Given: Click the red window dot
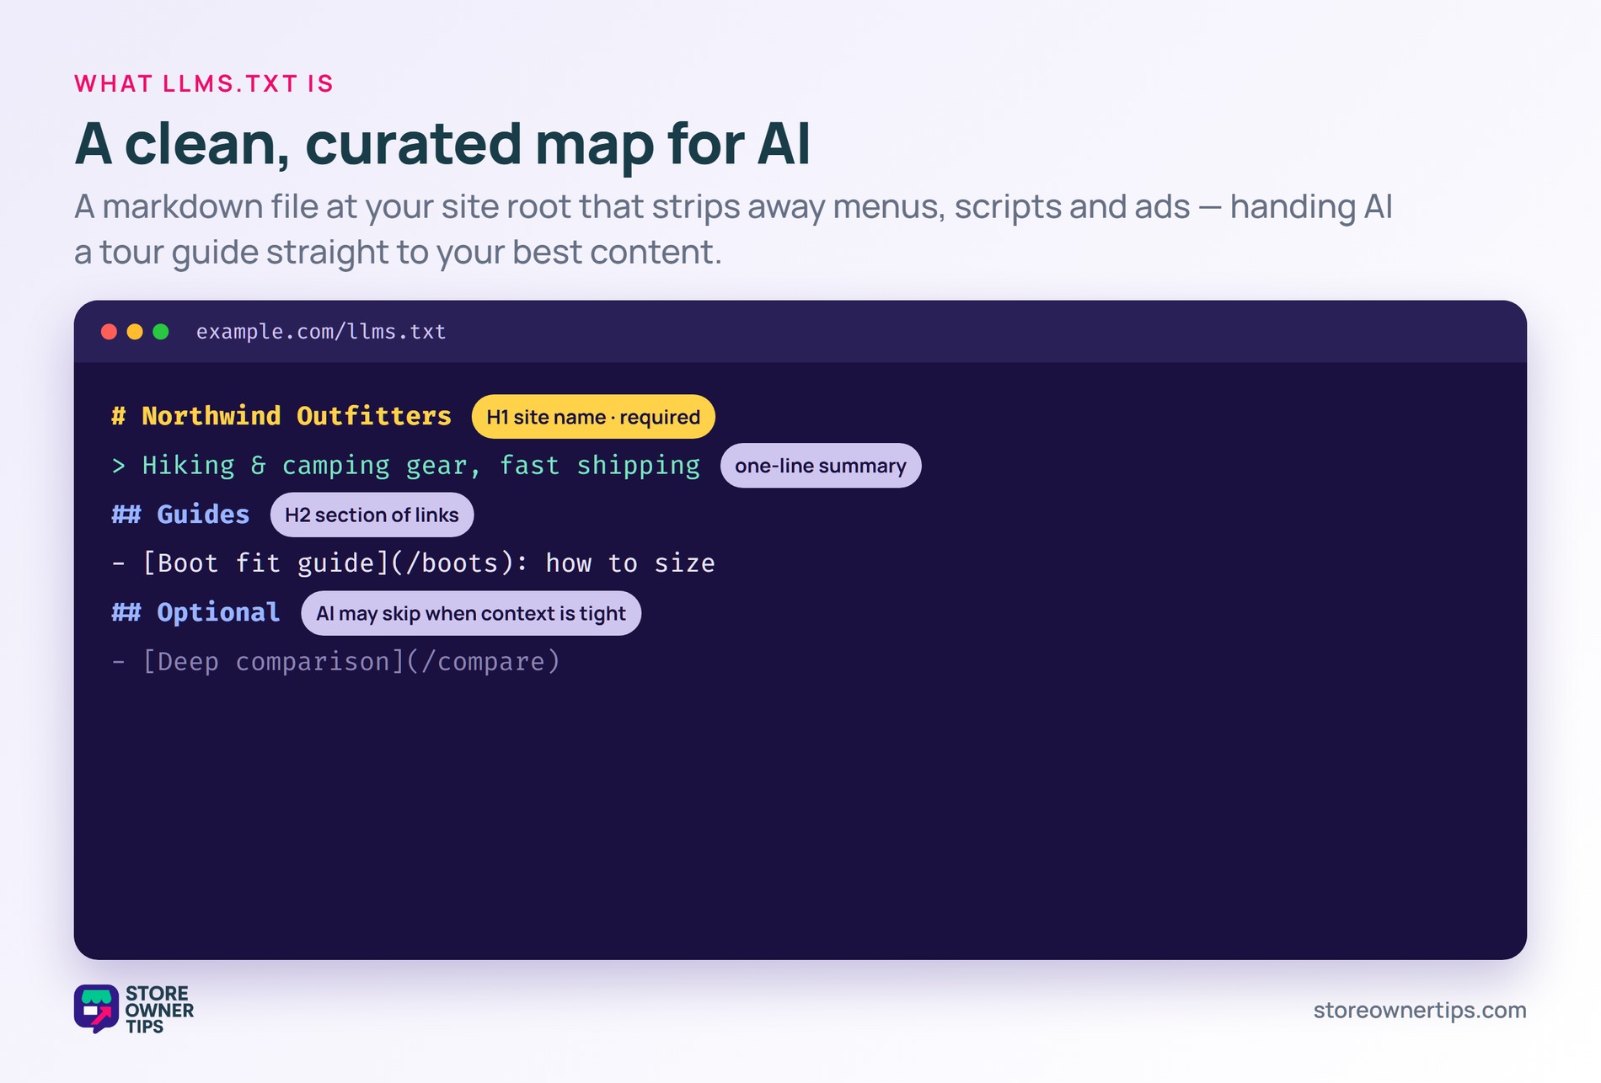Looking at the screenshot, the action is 109,332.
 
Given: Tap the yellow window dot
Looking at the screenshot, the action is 135,332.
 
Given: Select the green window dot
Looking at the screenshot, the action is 161,332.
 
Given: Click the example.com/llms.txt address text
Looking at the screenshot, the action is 321,332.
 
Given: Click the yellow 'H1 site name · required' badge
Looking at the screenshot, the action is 593,417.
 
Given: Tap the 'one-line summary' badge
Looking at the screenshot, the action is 821,466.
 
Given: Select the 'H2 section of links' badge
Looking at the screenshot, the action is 372,515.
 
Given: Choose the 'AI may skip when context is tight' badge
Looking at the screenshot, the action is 471,613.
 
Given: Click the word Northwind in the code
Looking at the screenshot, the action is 212,416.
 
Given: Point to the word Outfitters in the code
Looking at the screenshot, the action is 374,416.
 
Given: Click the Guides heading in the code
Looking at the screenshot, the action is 203,515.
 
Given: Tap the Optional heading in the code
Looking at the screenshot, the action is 218,612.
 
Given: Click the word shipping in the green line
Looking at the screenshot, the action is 639,466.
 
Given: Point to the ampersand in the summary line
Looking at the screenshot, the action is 258,465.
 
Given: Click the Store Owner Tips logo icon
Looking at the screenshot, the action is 96,1008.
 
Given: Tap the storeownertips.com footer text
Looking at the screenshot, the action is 1420,1010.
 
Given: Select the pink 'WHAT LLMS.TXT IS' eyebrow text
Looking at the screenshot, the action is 204,83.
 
